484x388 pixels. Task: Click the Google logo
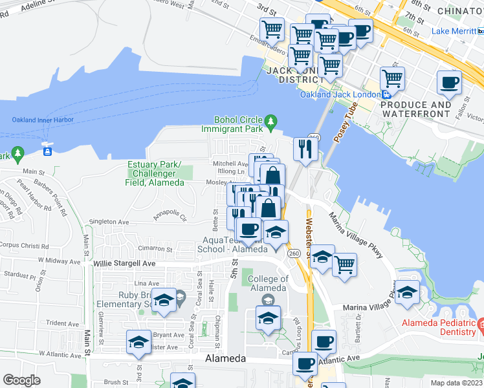point(21,380)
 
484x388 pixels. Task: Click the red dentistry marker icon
point(481,323)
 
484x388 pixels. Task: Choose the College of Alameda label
point(268,284)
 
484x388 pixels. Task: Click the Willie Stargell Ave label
point(124,264)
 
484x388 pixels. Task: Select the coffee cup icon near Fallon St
point(449,83)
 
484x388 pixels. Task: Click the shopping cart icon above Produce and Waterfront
point(392,78)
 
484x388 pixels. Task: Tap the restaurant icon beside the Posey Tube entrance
point(304,149)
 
